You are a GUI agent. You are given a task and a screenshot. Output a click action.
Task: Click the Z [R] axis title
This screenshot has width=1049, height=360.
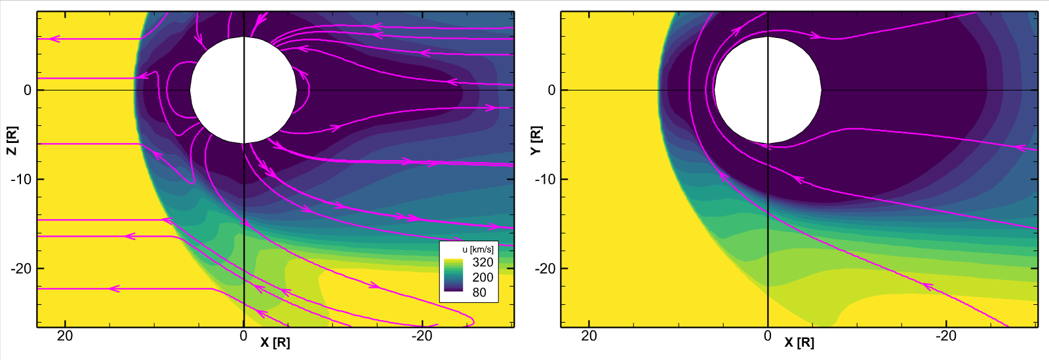(x=11, y=141)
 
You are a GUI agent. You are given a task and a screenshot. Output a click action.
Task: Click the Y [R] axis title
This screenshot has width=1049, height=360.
(x=536, y=141)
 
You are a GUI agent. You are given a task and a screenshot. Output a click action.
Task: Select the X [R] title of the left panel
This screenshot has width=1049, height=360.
(x=275, y=342)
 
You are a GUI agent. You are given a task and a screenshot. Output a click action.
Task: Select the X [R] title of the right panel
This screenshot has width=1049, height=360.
(x=799, y=342)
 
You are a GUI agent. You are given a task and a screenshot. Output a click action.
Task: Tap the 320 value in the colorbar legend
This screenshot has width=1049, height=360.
(x=483, y=262)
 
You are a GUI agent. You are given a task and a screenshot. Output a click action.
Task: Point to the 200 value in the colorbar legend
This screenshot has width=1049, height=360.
(x=483, y=277)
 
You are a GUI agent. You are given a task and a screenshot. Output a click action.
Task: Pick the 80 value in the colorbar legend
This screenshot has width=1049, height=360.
(x=479, y=292)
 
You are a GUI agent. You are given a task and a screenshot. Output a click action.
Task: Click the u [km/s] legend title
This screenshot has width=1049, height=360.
(x=478, y=249)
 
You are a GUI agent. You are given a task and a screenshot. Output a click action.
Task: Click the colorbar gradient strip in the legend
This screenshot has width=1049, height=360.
(x=454, y=275)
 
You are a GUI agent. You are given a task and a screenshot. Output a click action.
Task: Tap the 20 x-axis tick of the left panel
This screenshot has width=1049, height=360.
(x=65, y=336)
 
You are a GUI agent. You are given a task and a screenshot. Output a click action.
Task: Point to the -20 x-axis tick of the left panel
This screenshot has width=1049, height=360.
(x=422, y=336)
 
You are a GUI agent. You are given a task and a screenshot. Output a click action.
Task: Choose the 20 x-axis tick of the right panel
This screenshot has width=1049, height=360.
(x=589, y=336)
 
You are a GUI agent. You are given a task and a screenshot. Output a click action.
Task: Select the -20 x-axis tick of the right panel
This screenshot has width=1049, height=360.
(x=947, y=336)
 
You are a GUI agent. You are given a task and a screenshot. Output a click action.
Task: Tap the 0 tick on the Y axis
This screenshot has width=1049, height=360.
(x=551, y=90)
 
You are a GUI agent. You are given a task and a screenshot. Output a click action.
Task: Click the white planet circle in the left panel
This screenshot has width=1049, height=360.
(x=244, y=90)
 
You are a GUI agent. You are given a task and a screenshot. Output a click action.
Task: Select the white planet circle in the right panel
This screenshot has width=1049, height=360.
(x=768, y=90)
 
